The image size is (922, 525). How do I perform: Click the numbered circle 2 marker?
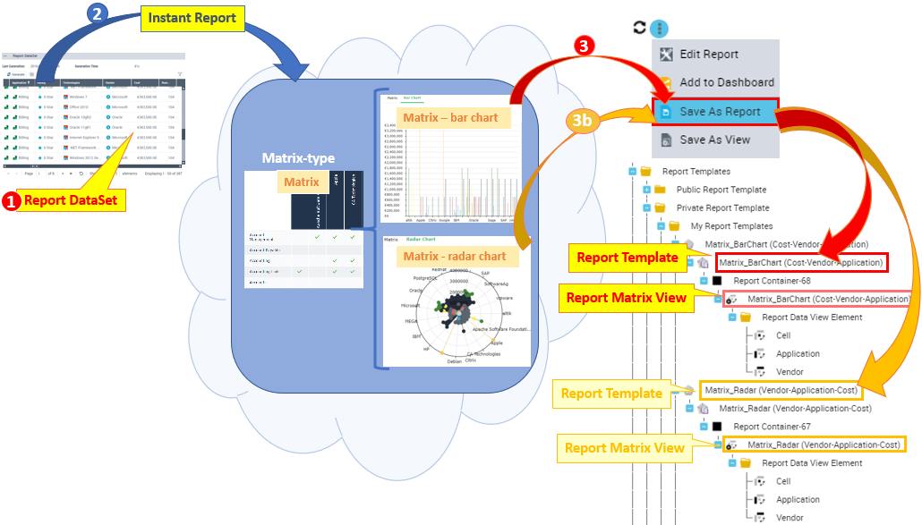(x=100, y=14)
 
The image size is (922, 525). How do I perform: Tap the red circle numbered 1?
(x=12, y=201)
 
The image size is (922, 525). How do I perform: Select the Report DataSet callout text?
(x=70, y=200)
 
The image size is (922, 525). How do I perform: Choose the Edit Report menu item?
(x=708, y=54)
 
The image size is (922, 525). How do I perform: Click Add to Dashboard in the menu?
(x=726, y=82)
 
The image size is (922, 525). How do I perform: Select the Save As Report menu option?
(x=719, y=112)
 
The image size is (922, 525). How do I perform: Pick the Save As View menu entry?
(x=714, y=140)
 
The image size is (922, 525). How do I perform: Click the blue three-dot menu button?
(x=659, y=29)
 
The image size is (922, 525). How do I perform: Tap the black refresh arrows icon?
(x=639, y=28)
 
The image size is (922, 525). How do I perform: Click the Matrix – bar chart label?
(x=450, y=117)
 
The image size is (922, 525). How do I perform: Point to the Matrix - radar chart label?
(x=454, y=257)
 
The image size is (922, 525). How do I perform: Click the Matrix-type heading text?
(x=298, y=158)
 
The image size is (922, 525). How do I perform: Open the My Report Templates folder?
(x=731, y=226)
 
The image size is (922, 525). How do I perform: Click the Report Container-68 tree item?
(x=759, y=280)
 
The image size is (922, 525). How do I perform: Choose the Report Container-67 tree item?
(x=759, y=427)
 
